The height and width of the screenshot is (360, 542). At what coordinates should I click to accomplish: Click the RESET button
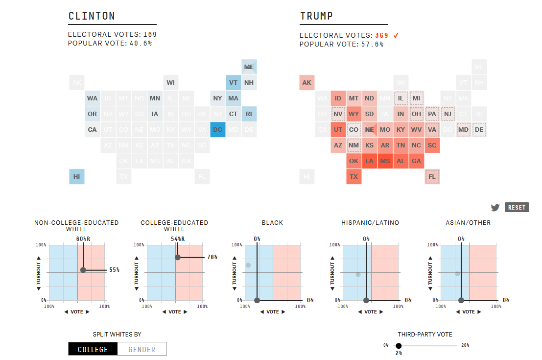coord(517,207)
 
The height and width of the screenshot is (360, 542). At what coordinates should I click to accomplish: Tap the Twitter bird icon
coord(495,208)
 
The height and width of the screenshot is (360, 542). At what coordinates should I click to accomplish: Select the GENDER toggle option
coord(142,349)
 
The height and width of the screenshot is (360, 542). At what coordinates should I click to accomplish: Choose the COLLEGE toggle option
coord(93,349)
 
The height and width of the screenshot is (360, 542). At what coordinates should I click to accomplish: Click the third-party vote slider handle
coord(399,346)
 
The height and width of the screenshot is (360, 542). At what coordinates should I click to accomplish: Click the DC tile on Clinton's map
coord(217,130)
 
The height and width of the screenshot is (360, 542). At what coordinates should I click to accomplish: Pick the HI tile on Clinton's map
coord(77,177)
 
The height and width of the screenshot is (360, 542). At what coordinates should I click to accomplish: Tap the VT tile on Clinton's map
coord(233,82)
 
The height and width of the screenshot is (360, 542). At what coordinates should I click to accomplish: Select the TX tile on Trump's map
coord(354,177)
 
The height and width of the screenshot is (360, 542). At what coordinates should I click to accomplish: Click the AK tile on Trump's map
coord(307,82)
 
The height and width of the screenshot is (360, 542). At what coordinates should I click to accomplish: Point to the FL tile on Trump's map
coord(432,177)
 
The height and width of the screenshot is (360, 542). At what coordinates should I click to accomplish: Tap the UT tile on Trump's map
coord(338,130)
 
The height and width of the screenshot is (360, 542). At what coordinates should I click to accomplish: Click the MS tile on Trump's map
coord(385,161)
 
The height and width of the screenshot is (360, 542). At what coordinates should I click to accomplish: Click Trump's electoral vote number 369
coord(382,35)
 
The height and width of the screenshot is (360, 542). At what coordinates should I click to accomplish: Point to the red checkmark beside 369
coord(396,35)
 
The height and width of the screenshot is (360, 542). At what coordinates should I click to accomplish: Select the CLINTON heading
coord(92,16)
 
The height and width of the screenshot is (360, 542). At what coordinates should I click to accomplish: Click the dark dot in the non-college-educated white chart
coord(83,270)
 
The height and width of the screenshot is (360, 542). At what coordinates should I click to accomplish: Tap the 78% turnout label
coord(212,257)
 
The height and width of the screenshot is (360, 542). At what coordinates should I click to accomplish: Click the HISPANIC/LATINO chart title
coord(370,223)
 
